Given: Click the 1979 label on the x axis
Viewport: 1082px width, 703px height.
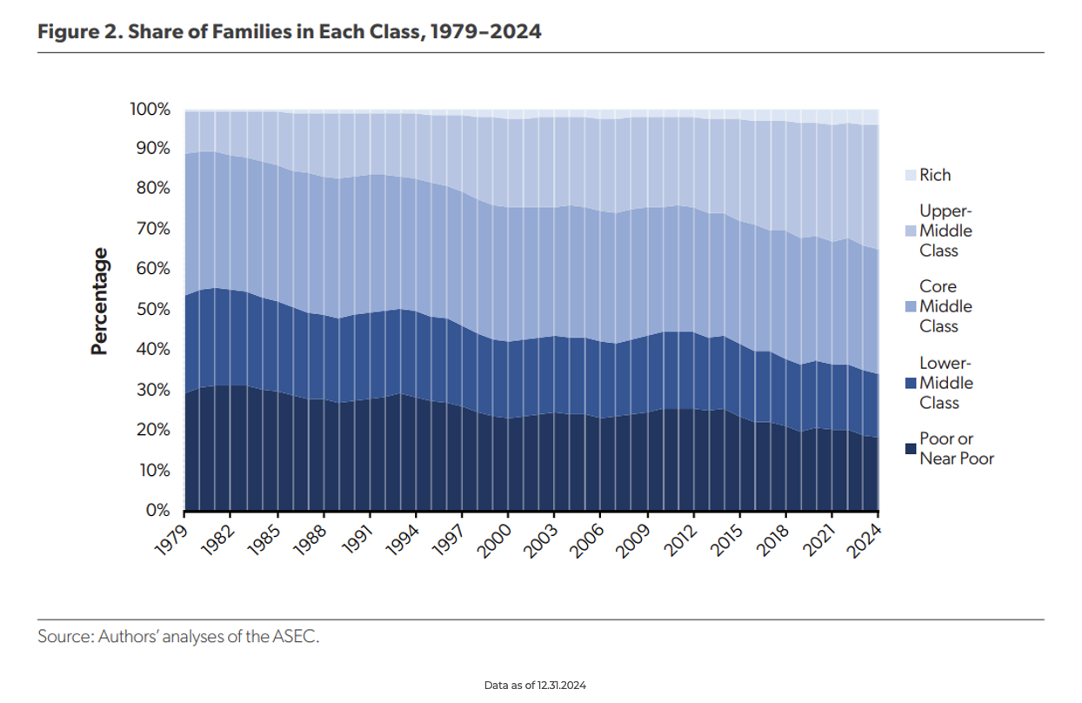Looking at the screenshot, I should pyautogui.click(x=172, y=535).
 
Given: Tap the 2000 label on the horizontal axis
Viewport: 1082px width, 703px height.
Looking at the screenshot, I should pyautogui.click(x=495, y=535).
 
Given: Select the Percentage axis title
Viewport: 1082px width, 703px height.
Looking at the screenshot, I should pyautogui.click(x=101, y=301).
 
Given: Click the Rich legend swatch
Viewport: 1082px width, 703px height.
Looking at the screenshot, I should pyautogui.click(x=910, y=175).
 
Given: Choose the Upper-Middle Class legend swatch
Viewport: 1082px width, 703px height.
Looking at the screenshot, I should pyautogui.click(x=910, y=231).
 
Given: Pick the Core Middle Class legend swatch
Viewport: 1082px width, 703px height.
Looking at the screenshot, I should pyautogui.click(x=910, y=307).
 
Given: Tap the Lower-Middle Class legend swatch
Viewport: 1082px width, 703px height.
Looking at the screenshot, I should pyautogui.click(x=910, y=384).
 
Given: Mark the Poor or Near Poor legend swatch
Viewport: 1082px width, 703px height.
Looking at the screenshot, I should pyautogui.click(x=910, y=449).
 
